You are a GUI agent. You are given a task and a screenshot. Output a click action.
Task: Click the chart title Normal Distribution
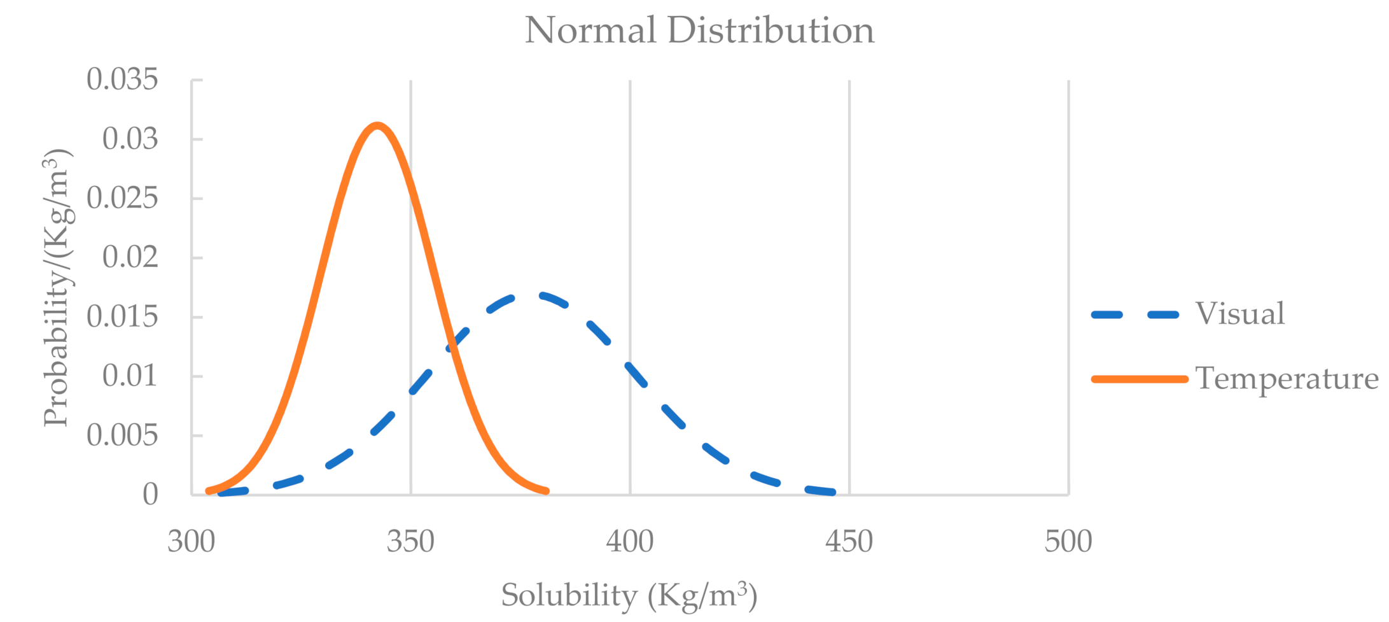point(699,30)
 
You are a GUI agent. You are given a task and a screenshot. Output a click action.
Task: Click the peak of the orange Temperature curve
point(377,125)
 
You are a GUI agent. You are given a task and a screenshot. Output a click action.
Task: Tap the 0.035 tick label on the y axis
point(122,80)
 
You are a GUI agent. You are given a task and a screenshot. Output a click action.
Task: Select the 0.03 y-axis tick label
point(130,139)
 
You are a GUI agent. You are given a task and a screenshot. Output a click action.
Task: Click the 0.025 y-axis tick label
point(122,198)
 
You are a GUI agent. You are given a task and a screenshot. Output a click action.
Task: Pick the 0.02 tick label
point(130,257)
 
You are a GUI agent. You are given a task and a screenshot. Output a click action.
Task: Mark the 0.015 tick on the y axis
point(122,316)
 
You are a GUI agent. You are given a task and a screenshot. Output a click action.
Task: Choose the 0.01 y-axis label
point(130,376)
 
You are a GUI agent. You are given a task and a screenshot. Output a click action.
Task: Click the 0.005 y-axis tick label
point(122,435)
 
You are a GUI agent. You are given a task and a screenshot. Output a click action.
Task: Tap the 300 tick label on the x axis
point(191,542)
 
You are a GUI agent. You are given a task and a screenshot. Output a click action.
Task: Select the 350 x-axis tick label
point(410,542)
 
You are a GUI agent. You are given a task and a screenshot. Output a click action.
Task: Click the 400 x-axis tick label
point(629,542)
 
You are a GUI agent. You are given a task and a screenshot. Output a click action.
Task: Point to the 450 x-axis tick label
point(849,542)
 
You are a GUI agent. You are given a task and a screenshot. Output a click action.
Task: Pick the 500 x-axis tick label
point(1068,542)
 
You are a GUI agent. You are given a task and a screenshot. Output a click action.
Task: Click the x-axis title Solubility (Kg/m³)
point(629,596)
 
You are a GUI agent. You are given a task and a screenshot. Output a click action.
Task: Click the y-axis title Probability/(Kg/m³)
point(57,288)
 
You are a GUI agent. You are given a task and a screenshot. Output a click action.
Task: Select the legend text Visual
point(1239,314)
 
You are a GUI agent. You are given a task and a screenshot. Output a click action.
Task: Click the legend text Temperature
point(1286,379)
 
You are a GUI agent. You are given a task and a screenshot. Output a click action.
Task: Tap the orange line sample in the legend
point(1139,379)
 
